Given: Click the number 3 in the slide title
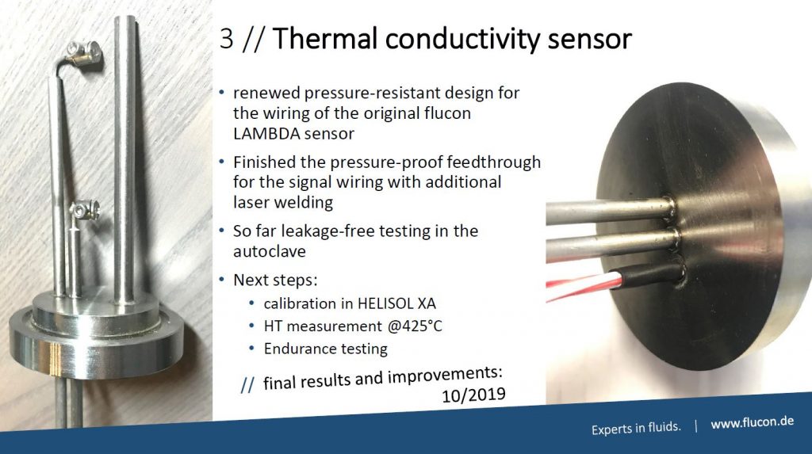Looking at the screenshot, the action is [x=226, y=39].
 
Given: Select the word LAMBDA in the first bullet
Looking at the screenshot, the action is [x=266, y=134].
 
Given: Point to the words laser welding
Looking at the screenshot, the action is [x=283, y=202].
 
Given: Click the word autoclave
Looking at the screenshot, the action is [x=270, y=251].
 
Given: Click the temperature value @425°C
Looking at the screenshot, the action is [x=414, y=326].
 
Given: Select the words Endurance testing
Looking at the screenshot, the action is [x=325, y=349].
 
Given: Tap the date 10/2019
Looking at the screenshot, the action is [x=473, y=395].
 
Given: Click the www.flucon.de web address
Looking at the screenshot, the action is [x=752, y=422].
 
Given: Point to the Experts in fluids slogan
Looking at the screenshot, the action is [x=636, y=428].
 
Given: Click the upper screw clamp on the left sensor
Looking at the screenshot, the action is [x=84, y=52].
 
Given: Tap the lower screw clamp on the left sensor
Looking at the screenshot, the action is [x=84, y=211].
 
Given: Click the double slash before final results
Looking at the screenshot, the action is [x=247, y=384].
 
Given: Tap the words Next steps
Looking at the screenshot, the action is [x=275, y=280].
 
